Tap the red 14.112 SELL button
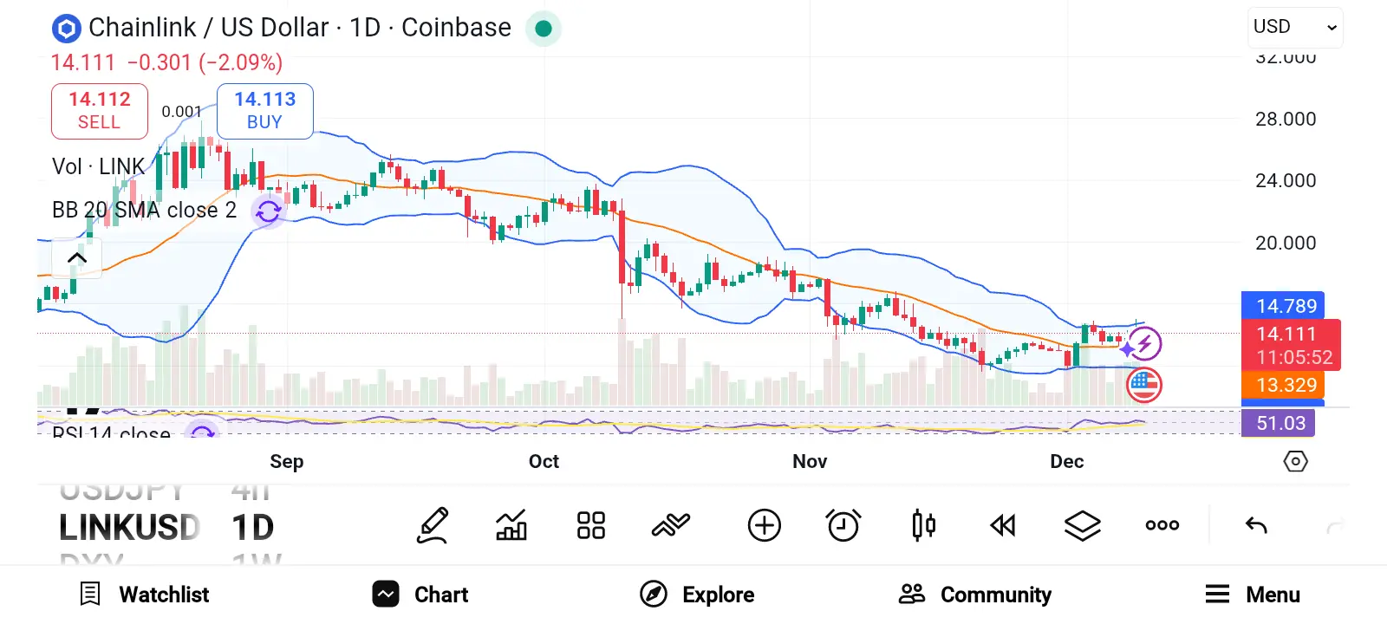[100, 111]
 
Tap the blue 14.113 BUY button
[264, 111]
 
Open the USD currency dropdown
[1295, 28]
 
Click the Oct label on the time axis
[544, 461]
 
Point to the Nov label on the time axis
[810, 461]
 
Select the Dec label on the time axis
[1066, 461]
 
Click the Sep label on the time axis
[287, 461]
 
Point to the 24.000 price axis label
[1286, 181]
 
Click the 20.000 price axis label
[1286, 244]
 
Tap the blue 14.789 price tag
[1284, 306]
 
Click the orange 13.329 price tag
[1284, 385]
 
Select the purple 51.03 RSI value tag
[1280, 423]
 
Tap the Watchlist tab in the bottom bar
[144, 595]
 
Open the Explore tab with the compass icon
[697, 595]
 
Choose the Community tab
[975, 595]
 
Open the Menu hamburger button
[1253, 595]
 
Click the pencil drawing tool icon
[433, 525]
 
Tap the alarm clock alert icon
[843, 525]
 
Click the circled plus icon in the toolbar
[764, 525]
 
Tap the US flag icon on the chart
[1144, 385]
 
